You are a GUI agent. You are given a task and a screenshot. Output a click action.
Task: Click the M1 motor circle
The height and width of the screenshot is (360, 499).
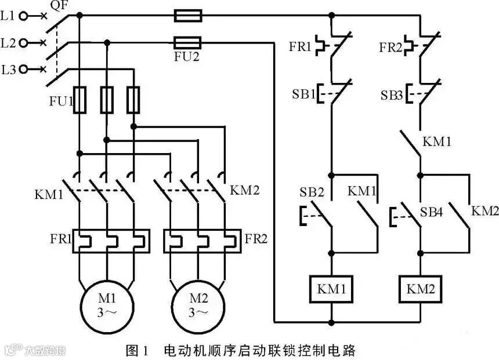coord(107,306)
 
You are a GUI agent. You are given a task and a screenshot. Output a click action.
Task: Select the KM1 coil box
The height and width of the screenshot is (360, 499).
coord(331,288)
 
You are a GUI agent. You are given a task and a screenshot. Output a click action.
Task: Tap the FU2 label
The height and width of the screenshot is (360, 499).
coord(187,57)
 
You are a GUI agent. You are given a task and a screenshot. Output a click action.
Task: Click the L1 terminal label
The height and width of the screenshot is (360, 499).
coord(9,16)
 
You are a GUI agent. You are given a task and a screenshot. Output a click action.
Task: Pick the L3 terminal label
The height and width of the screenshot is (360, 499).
coord(9,70)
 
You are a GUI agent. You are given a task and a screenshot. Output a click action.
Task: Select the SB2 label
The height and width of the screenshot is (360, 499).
coord(312,192)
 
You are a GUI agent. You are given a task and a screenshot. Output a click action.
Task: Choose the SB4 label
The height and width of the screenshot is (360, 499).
coord(431,213)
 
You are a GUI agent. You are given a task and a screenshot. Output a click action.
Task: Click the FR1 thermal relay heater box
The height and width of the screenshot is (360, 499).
coord(111,241)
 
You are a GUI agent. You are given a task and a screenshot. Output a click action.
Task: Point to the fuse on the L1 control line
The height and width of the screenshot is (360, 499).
coord(188,16)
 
